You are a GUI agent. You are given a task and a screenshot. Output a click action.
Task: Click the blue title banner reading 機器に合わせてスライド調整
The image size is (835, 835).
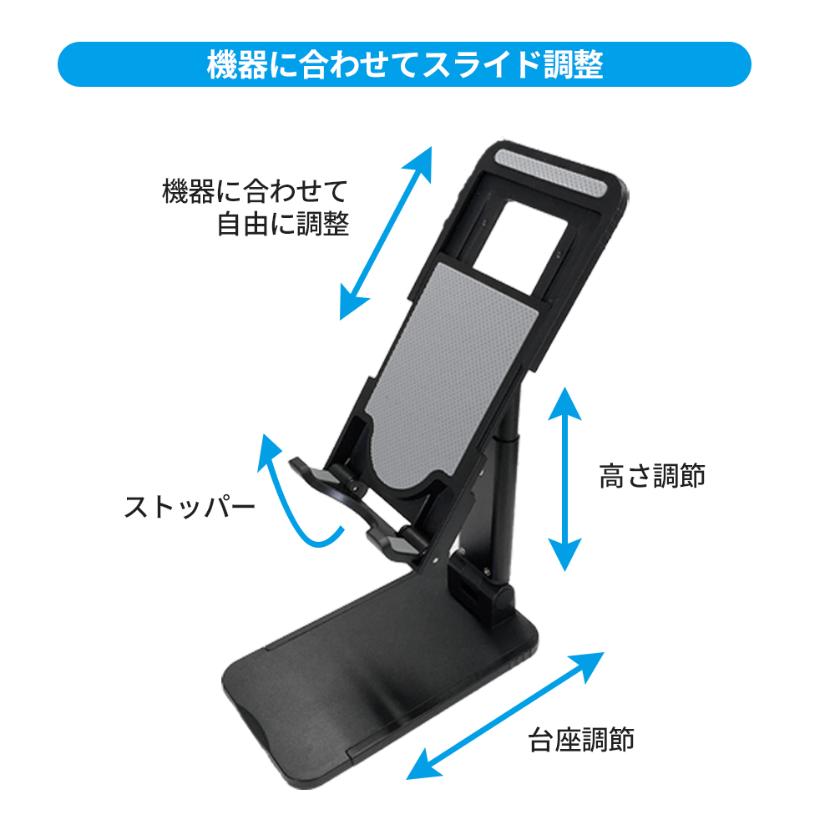404,64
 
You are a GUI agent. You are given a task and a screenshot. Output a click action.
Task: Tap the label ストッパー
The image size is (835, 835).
189,508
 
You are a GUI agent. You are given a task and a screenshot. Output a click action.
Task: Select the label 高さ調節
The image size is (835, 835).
652,476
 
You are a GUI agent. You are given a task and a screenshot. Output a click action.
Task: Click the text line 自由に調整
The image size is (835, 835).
282,224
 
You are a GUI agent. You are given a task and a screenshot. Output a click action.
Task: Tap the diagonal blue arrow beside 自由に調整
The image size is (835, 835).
386,233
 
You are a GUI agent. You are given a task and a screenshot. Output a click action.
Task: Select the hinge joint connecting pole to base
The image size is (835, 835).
484,589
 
